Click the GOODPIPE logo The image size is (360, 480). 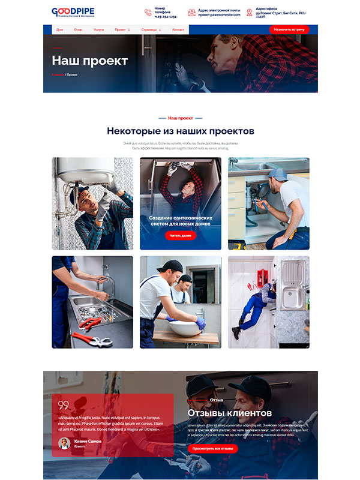[73, 12]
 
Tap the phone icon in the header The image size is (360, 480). [148, 12]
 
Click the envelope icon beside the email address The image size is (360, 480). [191, 12]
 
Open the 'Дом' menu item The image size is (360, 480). [59, 29]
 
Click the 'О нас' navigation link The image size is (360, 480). [78, 29]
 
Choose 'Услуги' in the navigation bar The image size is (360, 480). [99, 29]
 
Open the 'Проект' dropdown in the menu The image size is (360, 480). [122, 29]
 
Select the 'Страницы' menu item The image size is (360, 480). [151, 29]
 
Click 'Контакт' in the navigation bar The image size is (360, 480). [178, 29]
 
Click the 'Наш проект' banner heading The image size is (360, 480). [89, 61]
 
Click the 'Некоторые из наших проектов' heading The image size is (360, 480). [181, 131]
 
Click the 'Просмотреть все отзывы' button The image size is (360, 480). [212, 448]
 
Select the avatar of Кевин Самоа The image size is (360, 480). [64, 443]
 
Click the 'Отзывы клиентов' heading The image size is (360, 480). [229, 413]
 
